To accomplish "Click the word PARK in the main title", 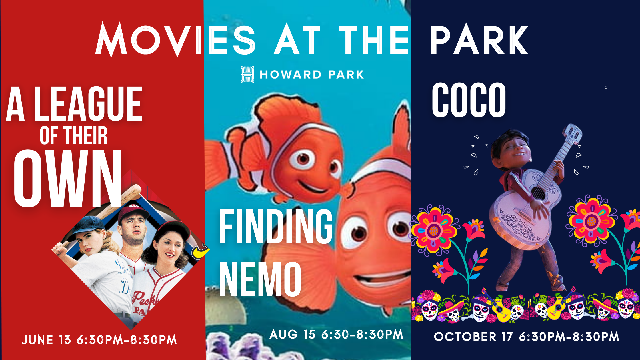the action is click(479, 40).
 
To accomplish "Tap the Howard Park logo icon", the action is click(247, 74).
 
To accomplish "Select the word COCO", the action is click(469, 100).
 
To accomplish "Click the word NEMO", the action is click(260, 279).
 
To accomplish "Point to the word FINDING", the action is click(276, 226).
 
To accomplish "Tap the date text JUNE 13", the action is click(47, 340).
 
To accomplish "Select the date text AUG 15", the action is click(292, 334).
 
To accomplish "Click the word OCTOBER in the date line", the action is click(465, 337).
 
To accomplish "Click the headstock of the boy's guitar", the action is click(572, 134).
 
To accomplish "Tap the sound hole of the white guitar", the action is click(539, 193).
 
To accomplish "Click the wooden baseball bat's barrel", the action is click(130, 194).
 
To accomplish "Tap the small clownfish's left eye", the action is click(303, 158).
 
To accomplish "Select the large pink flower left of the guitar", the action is click(434, 230).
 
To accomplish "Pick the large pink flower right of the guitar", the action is click(591, 220).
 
